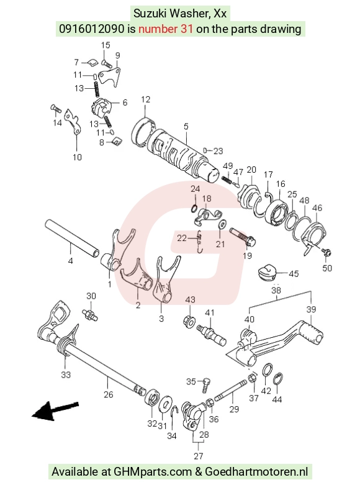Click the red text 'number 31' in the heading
point(166,29)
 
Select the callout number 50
point(327,268)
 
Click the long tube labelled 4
point(73,238)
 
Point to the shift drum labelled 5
point(182,156)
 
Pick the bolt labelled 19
point(243,237)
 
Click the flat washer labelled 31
point(166,404)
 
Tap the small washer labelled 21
point(222,224)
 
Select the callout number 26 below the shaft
point(108,394)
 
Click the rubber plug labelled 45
point(267,272)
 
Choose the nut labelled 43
point(189,322)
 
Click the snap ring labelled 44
point(278,380)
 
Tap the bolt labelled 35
point(206,385)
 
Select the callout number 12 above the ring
point(145,99)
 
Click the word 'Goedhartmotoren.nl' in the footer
point(256,472)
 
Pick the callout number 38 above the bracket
point(276,291)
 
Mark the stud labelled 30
point(90,314)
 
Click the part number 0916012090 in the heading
point(91,29)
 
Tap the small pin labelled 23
point(205,151)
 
